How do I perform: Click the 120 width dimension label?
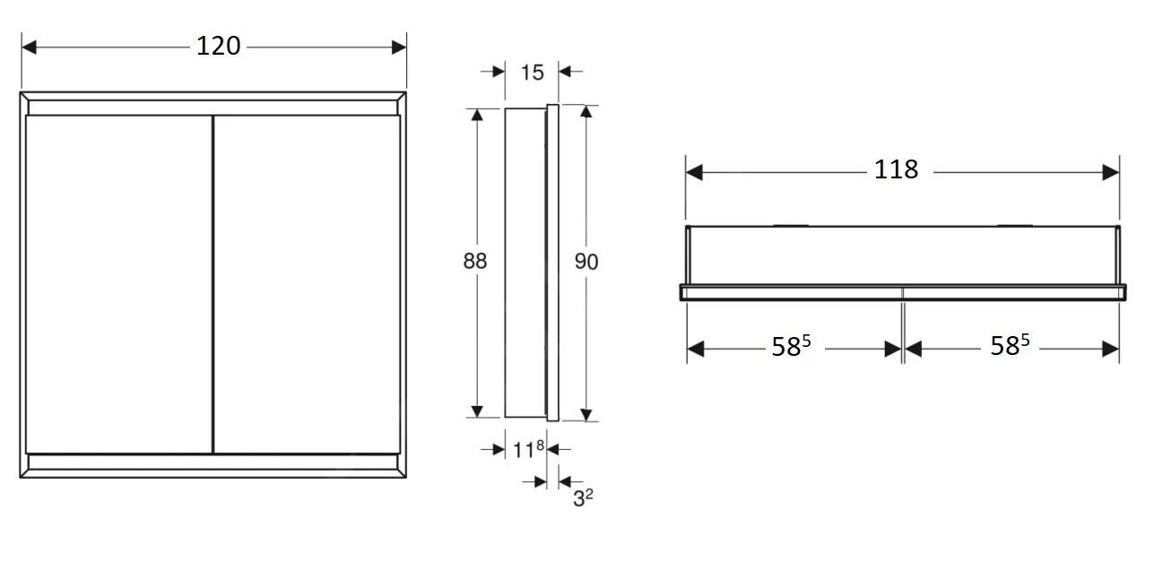click(219, 46)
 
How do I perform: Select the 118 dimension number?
click(896, 169)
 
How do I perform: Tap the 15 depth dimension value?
click(532, 72)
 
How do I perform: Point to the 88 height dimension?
click(474, 261)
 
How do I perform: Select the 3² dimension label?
click(583, 497)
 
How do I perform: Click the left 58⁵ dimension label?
click(791, 347)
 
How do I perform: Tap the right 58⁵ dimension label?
click(1009, 347)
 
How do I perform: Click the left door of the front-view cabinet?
click(118, 283)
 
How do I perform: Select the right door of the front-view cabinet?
click(307, 283)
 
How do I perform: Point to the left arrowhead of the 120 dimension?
click(29, 47)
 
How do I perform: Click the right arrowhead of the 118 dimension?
click(1112, 172)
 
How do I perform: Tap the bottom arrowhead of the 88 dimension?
click(477, 411)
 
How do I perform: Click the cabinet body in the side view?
click(525, 262)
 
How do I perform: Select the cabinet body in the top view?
click(901, 255)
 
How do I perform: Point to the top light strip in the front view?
click(213, 107)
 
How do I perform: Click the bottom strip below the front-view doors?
click(213, 462)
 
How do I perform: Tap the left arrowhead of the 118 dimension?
click(694, 172)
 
